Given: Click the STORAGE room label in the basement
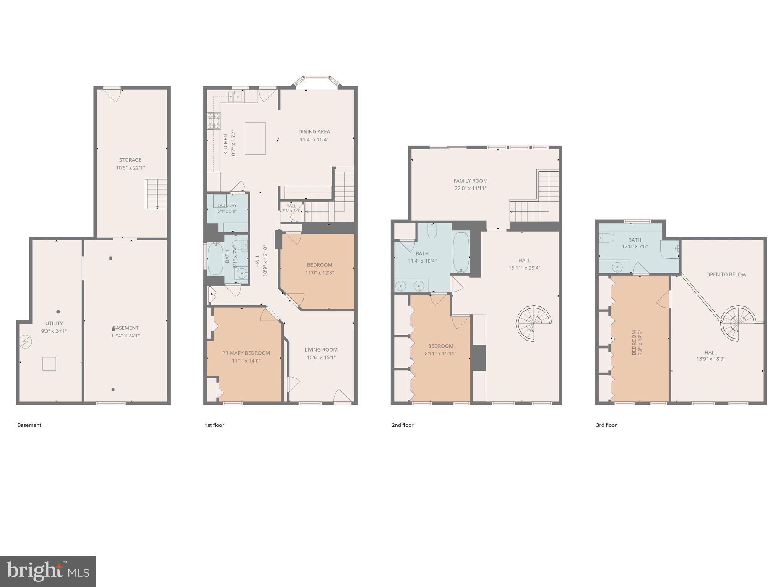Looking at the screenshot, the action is click(130, 160).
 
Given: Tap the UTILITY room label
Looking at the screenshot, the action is click(54, 323).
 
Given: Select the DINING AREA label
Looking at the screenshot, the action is click(314, 132).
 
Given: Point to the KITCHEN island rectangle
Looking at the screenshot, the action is click(255, 138).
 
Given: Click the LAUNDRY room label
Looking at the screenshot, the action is click(227, 205).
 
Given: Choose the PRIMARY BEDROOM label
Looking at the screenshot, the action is click(246, 353).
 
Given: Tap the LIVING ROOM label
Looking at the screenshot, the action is click(321, 350).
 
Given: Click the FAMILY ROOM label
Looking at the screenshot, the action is click(471, 181).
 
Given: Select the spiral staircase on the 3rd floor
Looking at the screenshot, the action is click(738, 324).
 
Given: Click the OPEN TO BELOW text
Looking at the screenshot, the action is click(726, 274).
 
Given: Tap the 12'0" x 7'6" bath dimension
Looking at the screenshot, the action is click(635, 246).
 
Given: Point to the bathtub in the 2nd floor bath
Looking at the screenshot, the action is click(461, 252).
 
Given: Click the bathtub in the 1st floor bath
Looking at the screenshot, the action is click(215, 259).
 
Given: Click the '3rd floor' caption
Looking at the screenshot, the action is click(606, 425).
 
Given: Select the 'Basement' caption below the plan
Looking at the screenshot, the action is click(29, 425).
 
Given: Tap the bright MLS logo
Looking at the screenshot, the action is click(48, 571).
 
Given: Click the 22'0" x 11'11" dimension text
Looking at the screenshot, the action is click(470, 188).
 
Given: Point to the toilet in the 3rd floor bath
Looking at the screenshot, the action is click(606, 238).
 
